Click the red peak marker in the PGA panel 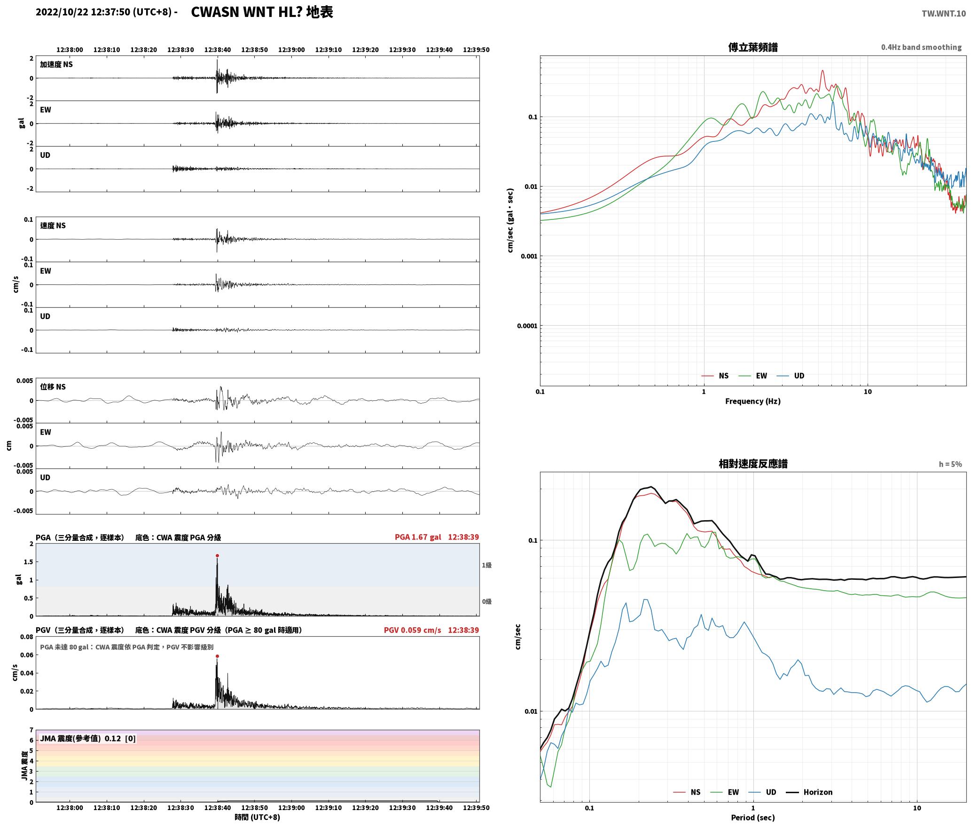[x=217, y=555]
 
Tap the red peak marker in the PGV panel [x=217, y=656]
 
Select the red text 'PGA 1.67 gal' [x=418, y=537]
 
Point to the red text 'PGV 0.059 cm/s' [x=412, y=630]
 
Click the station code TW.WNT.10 [x=944, y=14]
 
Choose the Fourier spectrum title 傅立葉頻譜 [x=752, y=47]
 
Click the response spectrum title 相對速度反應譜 [x=752, y=464]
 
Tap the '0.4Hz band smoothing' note [x=921, y=47]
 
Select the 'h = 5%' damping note [x=950, y=464]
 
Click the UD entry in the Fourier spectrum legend [x=791, y=376]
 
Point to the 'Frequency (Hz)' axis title [x=752, y=401]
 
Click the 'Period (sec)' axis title [x=752, y=818]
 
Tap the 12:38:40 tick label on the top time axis [x=218, y=50]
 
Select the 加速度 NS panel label [x=56, y=64]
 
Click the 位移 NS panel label [x=53, y=387]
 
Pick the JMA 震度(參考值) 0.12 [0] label [x=88, y=739]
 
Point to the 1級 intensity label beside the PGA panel [x=486, y=565]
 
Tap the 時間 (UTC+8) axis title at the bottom [x=258, y=817]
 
